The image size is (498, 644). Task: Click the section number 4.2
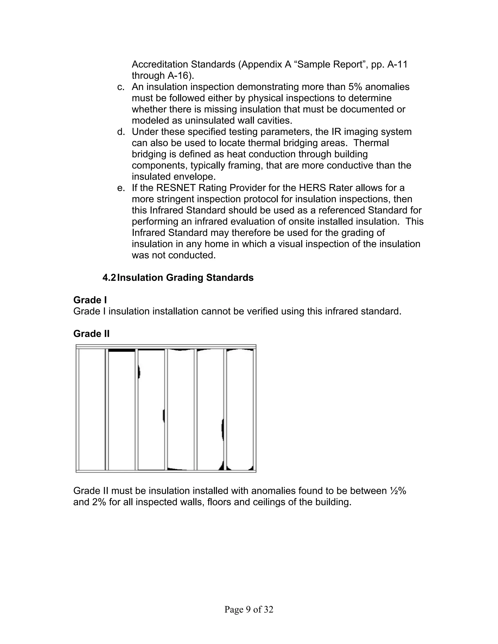(x=109, y=278)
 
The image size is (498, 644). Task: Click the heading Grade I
(x=90, y=300)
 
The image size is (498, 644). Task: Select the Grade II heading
(x=91, y=334)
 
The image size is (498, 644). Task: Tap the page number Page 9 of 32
(x=249, y=609)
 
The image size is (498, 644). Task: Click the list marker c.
(x=121, y=87)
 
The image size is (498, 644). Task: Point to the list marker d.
(x=121, y=132)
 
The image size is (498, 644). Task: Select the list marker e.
(x=121, y=188)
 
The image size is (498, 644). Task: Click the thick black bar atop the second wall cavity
(x=122, y=350)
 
